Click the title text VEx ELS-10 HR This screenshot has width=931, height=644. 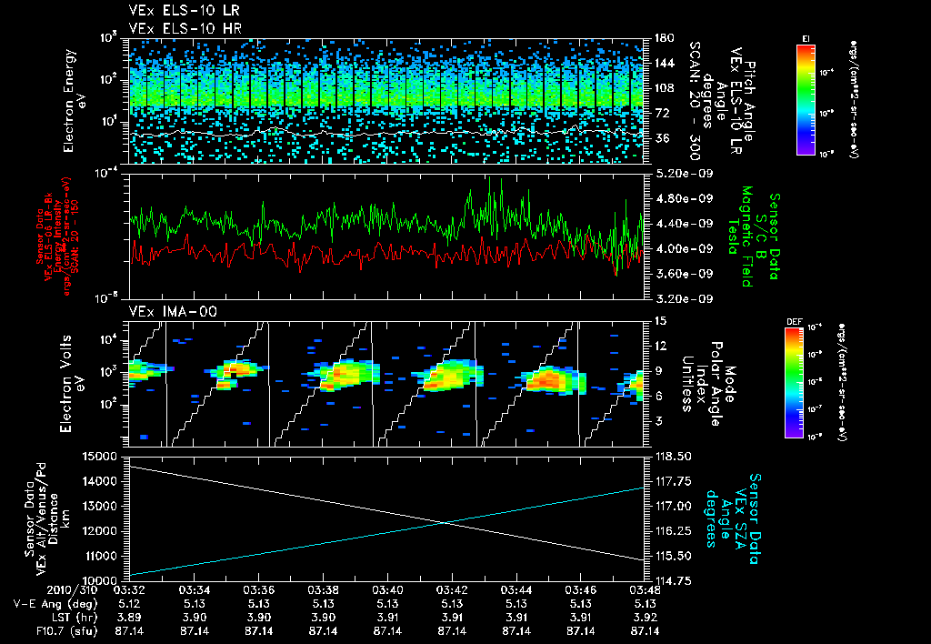tap(177, 28)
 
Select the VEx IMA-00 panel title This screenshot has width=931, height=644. tap(165, 311)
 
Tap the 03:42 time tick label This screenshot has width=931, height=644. tap(452, 589)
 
